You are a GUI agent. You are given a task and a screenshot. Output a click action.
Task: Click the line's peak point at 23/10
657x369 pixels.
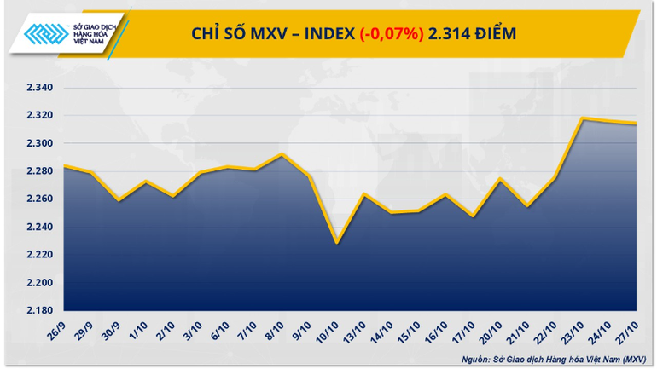click(x=582, y=118)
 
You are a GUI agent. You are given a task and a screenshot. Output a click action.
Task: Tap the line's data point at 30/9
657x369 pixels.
click(x=119, y=200)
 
